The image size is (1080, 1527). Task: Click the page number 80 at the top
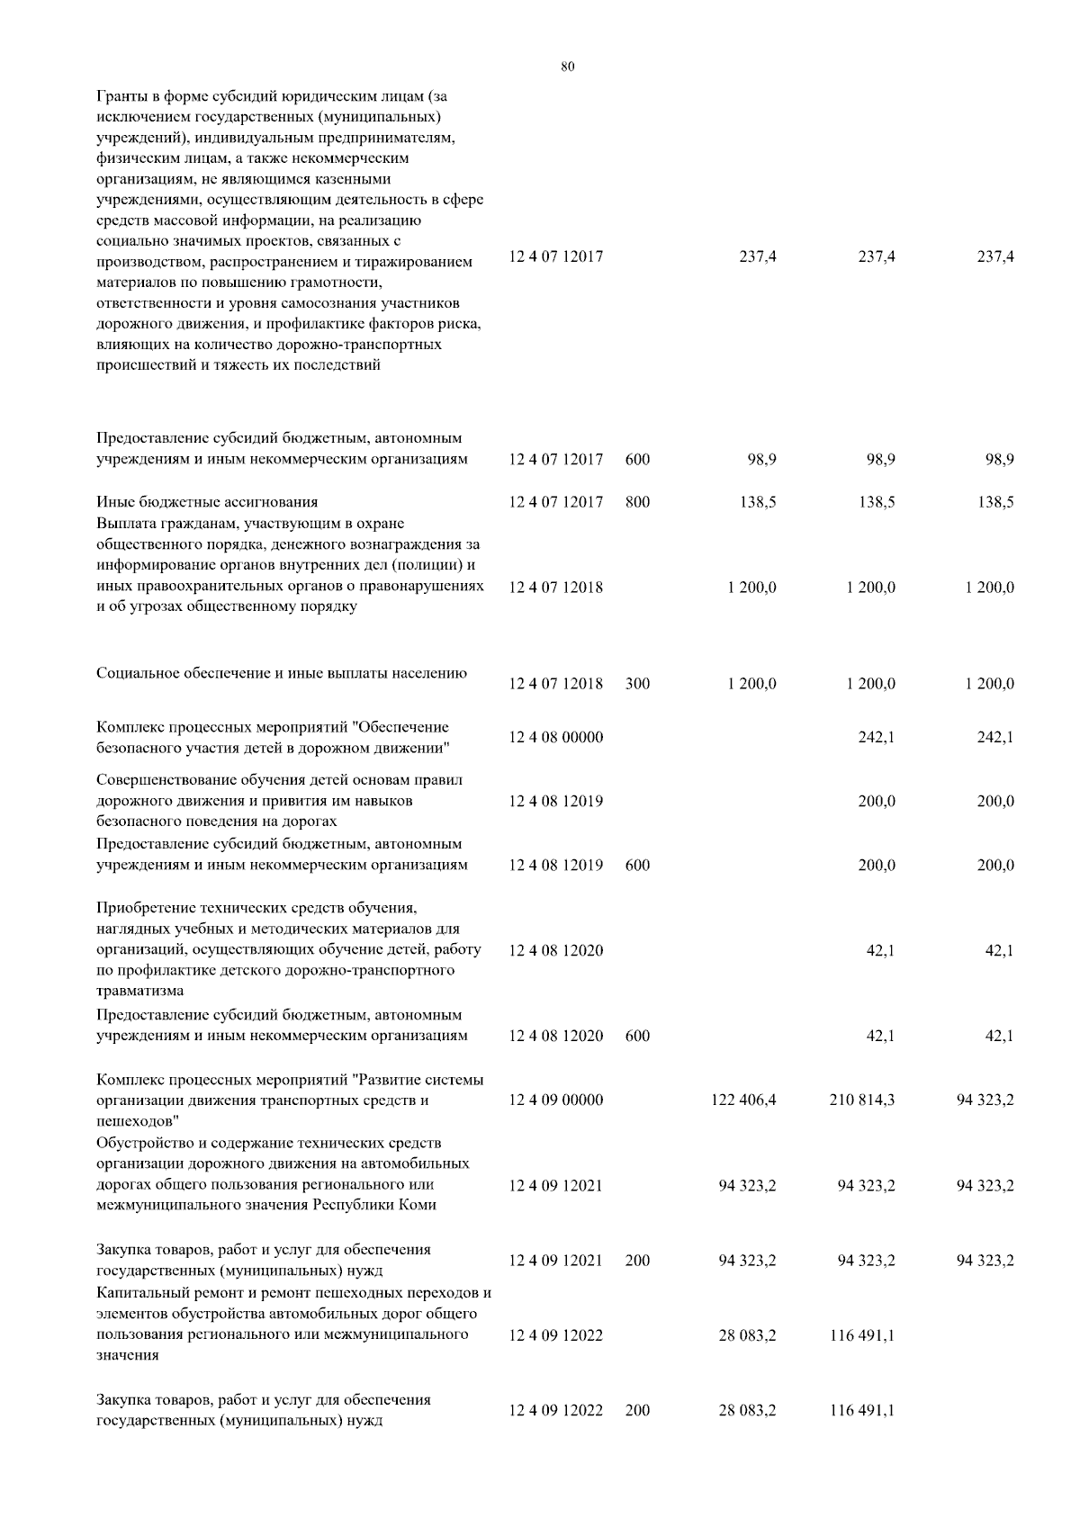567,67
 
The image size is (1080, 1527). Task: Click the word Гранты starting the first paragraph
121,96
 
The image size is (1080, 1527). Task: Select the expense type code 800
637,503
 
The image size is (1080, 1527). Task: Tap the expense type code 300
637,684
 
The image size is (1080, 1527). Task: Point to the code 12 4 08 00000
556,738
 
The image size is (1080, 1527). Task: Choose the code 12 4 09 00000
556,1100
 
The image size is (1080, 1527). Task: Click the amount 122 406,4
745,1100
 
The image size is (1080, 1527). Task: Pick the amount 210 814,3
862,1100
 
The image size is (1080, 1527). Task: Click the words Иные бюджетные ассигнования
207,502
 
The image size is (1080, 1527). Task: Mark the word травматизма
140,992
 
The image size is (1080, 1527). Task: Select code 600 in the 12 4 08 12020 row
637,1036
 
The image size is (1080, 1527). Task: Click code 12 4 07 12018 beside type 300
556,684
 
